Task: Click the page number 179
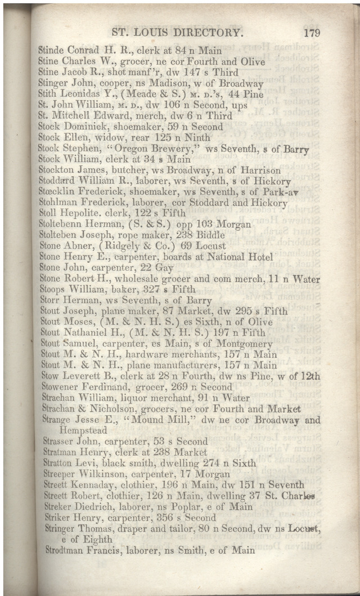pyautogui.click(x=312, y=33)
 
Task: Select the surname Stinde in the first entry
pyautogui.click(x=51, y=50)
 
